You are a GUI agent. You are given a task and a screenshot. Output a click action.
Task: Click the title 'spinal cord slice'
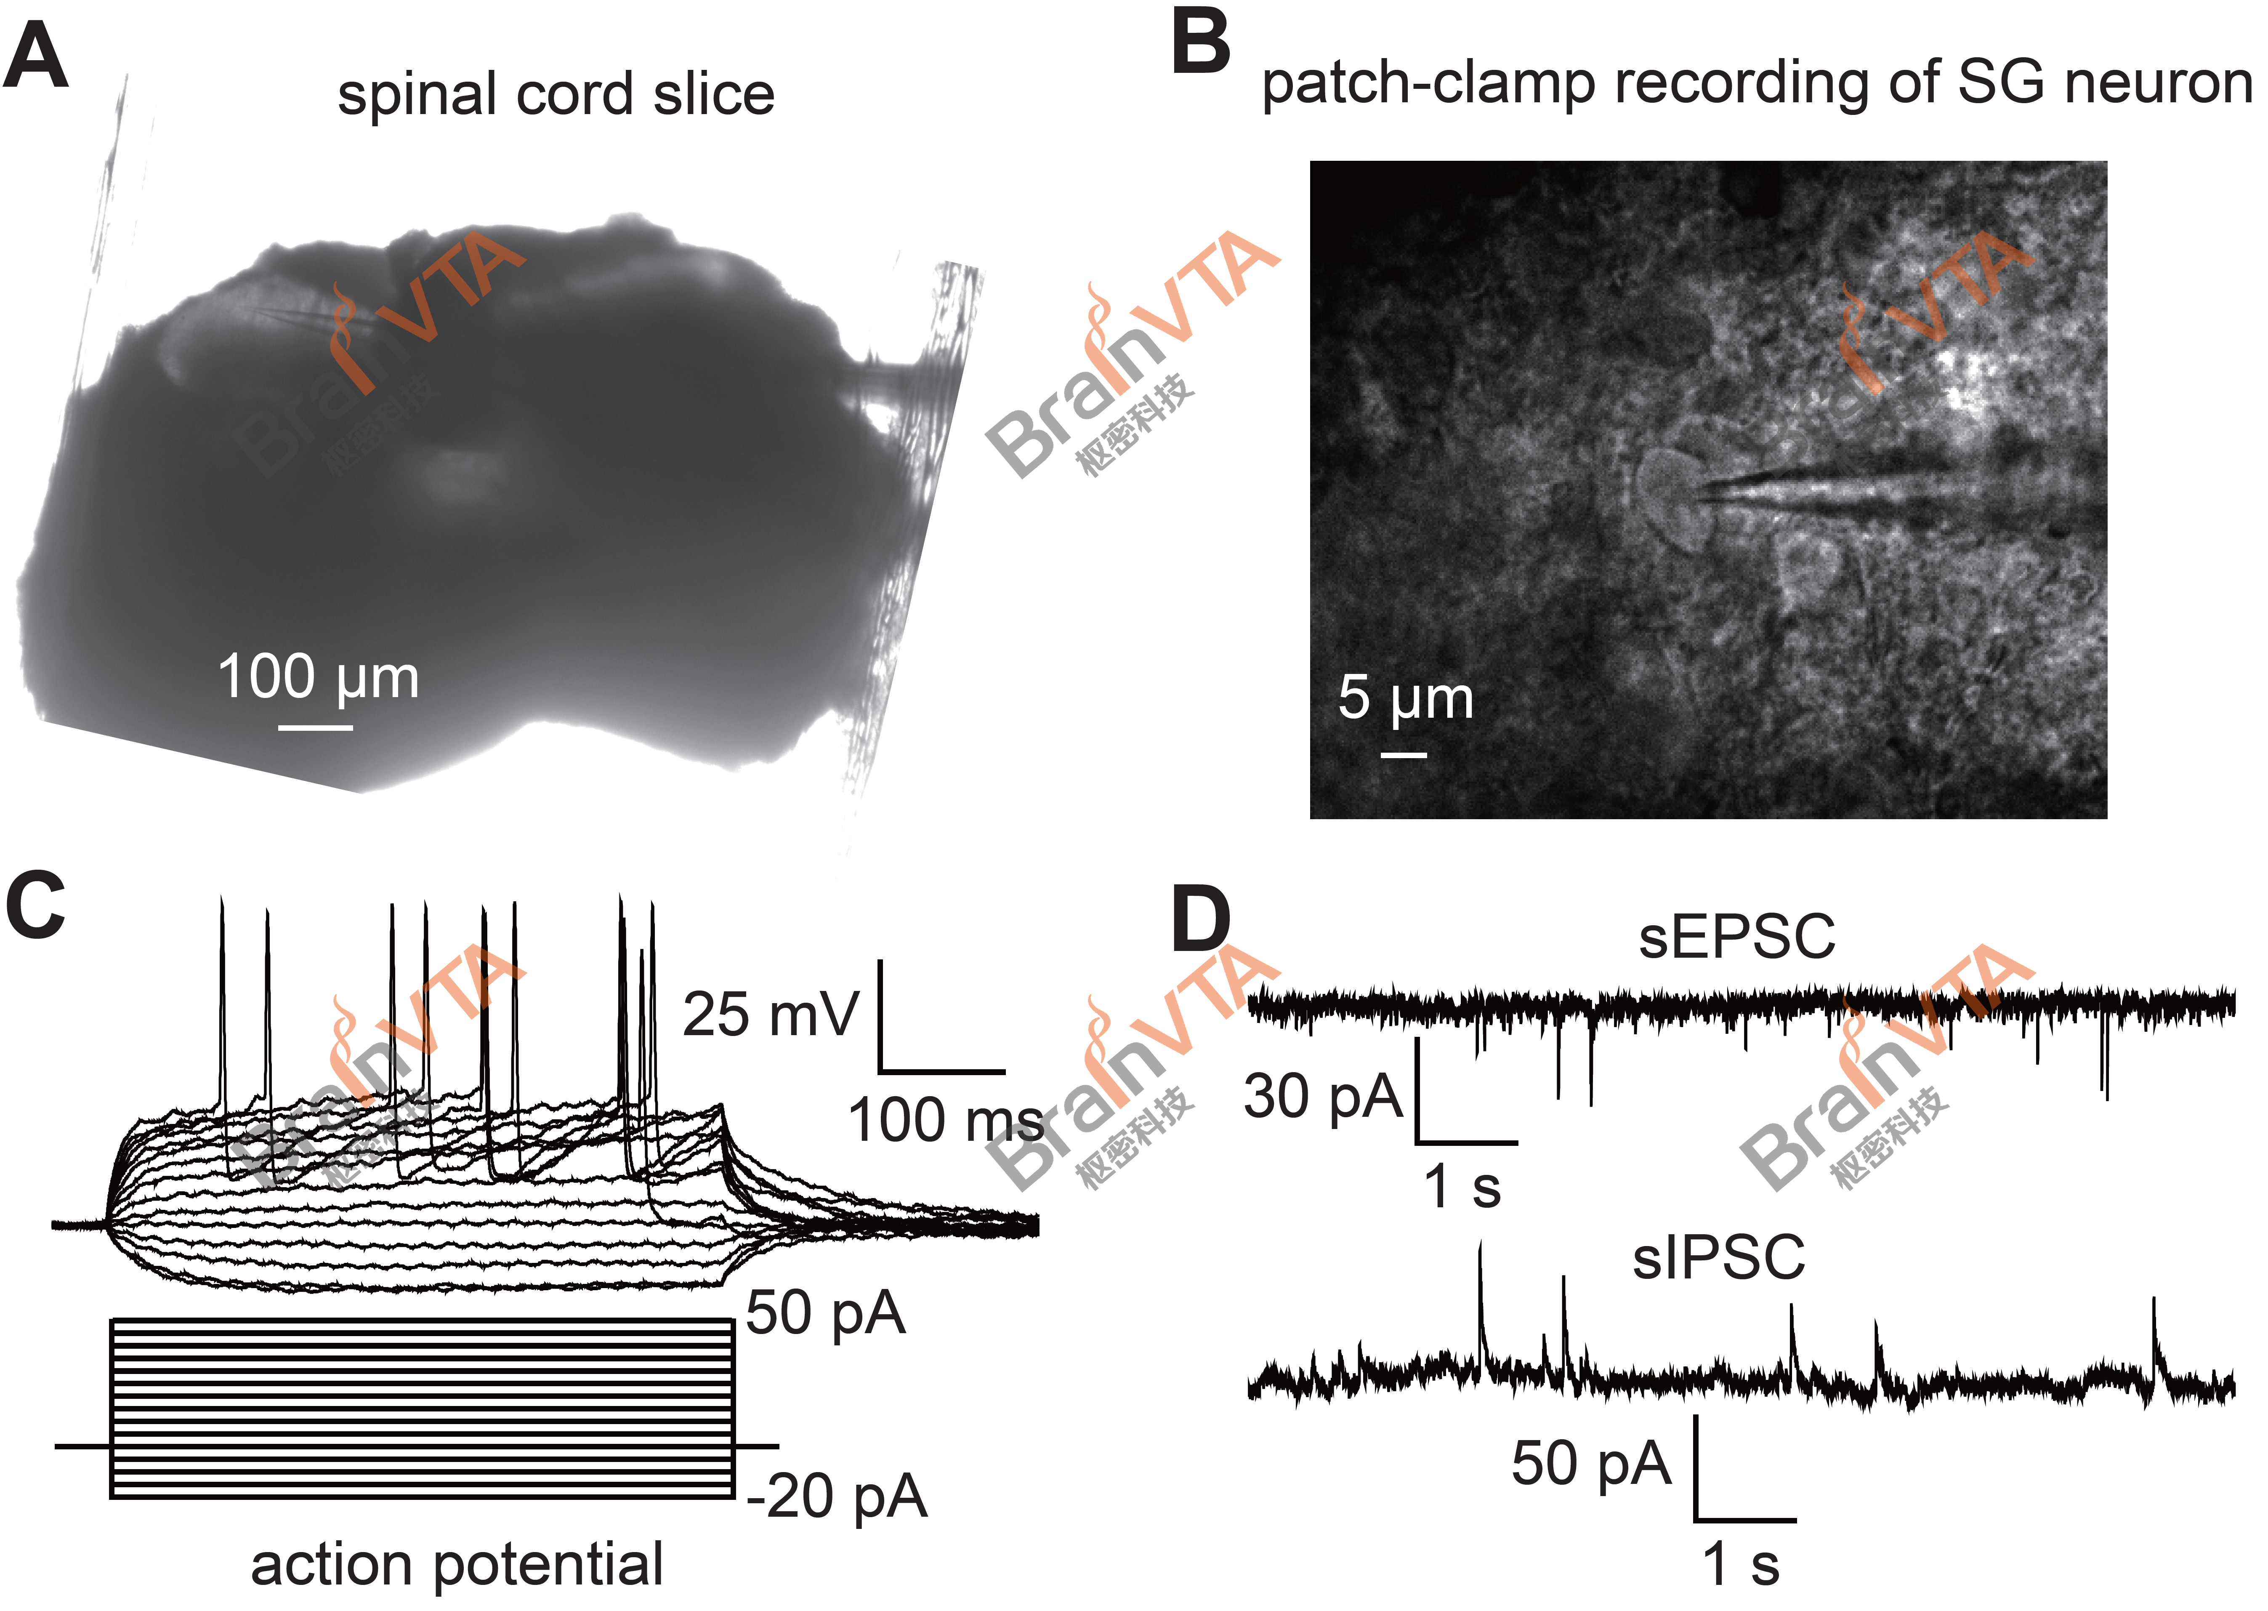point(556,94)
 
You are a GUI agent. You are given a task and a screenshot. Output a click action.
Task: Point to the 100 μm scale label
point(317,678)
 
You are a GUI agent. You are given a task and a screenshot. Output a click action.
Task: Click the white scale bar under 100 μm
point(315,727)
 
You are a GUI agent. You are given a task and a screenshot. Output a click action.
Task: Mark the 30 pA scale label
point(1322,1096)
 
